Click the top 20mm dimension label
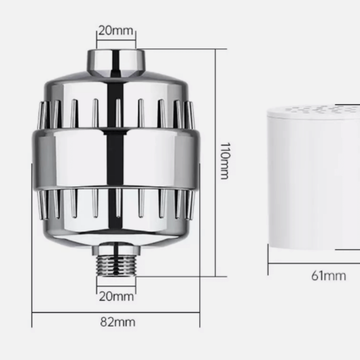pos(116,31)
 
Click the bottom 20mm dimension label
pos(116,297)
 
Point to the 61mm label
pos(328,276)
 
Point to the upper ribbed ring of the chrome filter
pos(116,113)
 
